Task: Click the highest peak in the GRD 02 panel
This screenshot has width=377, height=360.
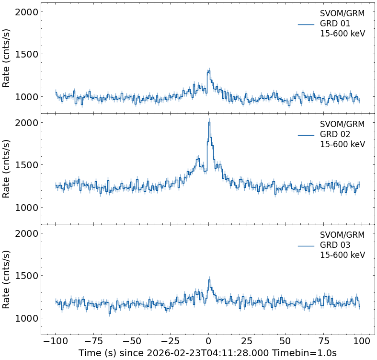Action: [209, 122]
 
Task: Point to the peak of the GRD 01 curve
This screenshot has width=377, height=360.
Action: [209, 71]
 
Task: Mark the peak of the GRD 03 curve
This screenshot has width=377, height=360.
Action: [209, 279]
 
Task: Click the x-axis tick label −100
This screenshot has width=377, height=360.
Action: [55, 341]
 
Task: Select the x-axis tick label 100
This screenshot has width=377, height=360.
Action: [362, 341]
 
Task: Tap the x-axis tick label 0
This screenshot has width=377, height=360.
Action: [208, 341]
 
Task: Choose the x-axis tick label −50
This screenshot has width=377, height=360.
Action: [132, 341]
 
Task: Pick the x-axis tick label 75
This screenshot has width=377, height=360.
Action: [323, 341]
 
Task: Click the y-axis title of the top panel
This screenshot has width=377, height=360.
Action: [7, 58]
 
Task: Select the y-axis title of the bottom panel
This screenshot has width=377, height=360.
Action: [7, 279]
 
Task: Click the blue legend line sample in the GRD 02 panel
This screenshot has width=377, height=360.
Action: [306, 135]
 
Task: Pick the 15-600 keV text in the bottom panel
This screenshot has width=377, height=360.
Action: [343, 255]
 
